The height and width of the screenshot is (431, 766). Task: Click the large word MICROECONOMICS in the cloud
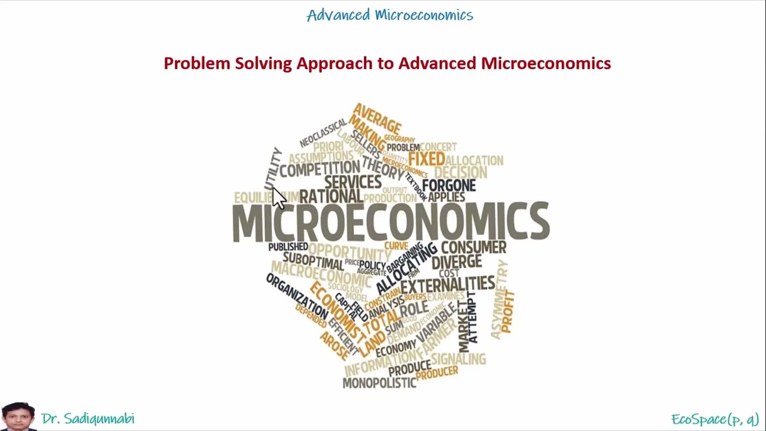coord(390,221)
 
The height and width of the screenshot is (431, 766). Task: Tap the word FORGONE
coord(449,185)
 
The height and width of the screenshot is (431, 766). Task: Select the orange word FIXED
coord(426,159)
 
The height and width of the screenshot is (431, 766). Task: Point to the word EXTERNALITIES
coord(448,284)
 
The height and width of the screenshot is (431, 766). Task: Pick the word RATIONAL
coord(331,196)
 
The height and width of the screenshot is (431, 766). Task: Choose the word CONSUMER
coord(473,247)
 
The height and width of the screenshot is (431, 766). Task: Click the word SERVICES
coord(352,182)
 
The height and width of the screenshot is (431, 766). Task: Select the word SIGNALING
coord(458,359)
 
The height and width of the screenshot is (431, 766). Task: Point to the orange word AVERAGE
coord(377,119)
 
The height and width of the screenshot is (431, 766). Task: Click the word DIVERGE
coord(456,262)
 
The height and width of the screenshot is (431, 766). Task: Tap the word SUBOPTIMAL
coord(313,261)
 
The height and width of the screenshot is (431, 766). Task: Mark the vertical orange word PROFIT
coord(507,311)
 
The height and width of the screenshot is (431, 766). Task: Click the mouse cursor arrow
coord(278,198)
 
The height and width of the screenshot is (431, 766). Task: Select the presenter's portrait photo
coord(18,417)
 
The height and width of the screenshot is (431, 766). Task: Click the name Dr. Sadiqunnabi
coord(88,418)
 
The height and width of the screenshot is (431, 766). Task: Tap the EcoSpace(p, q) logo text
coord(715,418)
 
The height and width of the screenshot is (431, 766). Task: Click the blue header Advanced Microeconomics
coord(390,15)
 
